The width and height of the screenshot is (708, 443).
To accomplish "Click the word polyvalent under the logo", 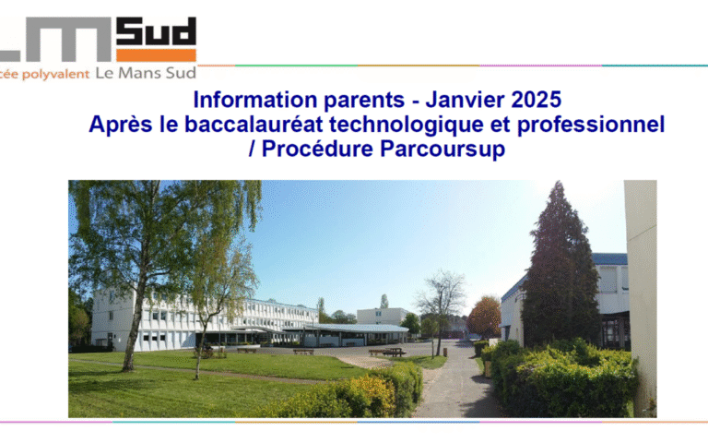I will tap(56, 74).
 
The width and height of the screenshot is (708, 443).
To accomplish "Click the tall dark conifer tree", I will tap(560, 268).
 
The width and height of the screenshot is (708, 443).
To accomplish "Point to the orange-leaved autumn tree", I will tap(485, 316).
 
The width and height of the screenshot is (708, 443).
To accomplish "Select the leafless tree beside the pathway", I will tap(441, 300).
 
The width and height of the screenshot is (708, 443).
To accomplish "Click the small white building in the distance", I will tap(380, 316).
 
